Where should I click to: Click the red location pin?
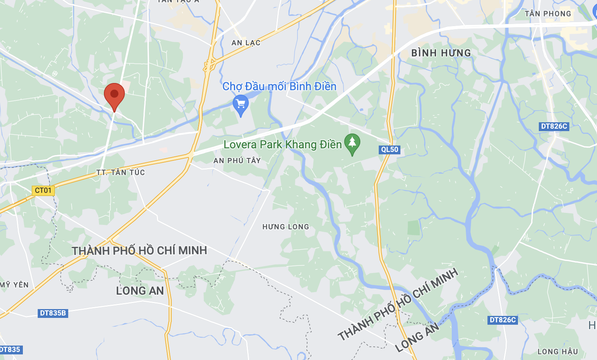click(114, 95)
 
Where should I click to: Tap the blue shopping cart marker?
click(241, 104)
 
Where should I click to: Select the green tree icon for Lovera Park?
click(352, 143)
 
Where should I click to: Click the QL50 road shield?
click(390, 150)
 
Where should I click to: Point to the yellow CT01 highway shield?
click(43, 190)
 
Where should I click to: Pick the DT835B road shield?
click(53, 313)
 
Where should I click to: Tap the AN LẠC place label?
click(246, 43)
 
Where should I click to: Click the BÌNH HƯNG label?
click(441, 53)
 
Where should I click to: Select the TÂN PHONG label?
click(548, 14)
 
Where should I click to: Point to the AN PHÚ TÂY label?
click(237, 161)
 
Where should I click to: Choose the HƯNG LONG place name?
click(286, 227)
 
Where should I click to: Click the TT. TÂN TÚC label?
click(121, 172)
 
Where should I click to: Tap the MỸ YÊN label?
click(15, 285)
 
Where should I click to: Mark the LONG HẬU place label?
click(558, 352)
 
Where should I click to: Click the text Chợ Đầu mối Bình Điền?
click(279, 86)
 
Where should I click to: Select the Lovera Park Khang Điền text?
click(282, 144)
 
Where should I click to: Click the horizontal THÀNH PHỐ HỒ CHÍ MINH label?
click(140, 251)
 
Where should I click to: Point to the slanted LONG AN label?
click(417, 338)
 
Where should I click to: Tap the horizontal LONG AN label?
click(140, 291)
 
